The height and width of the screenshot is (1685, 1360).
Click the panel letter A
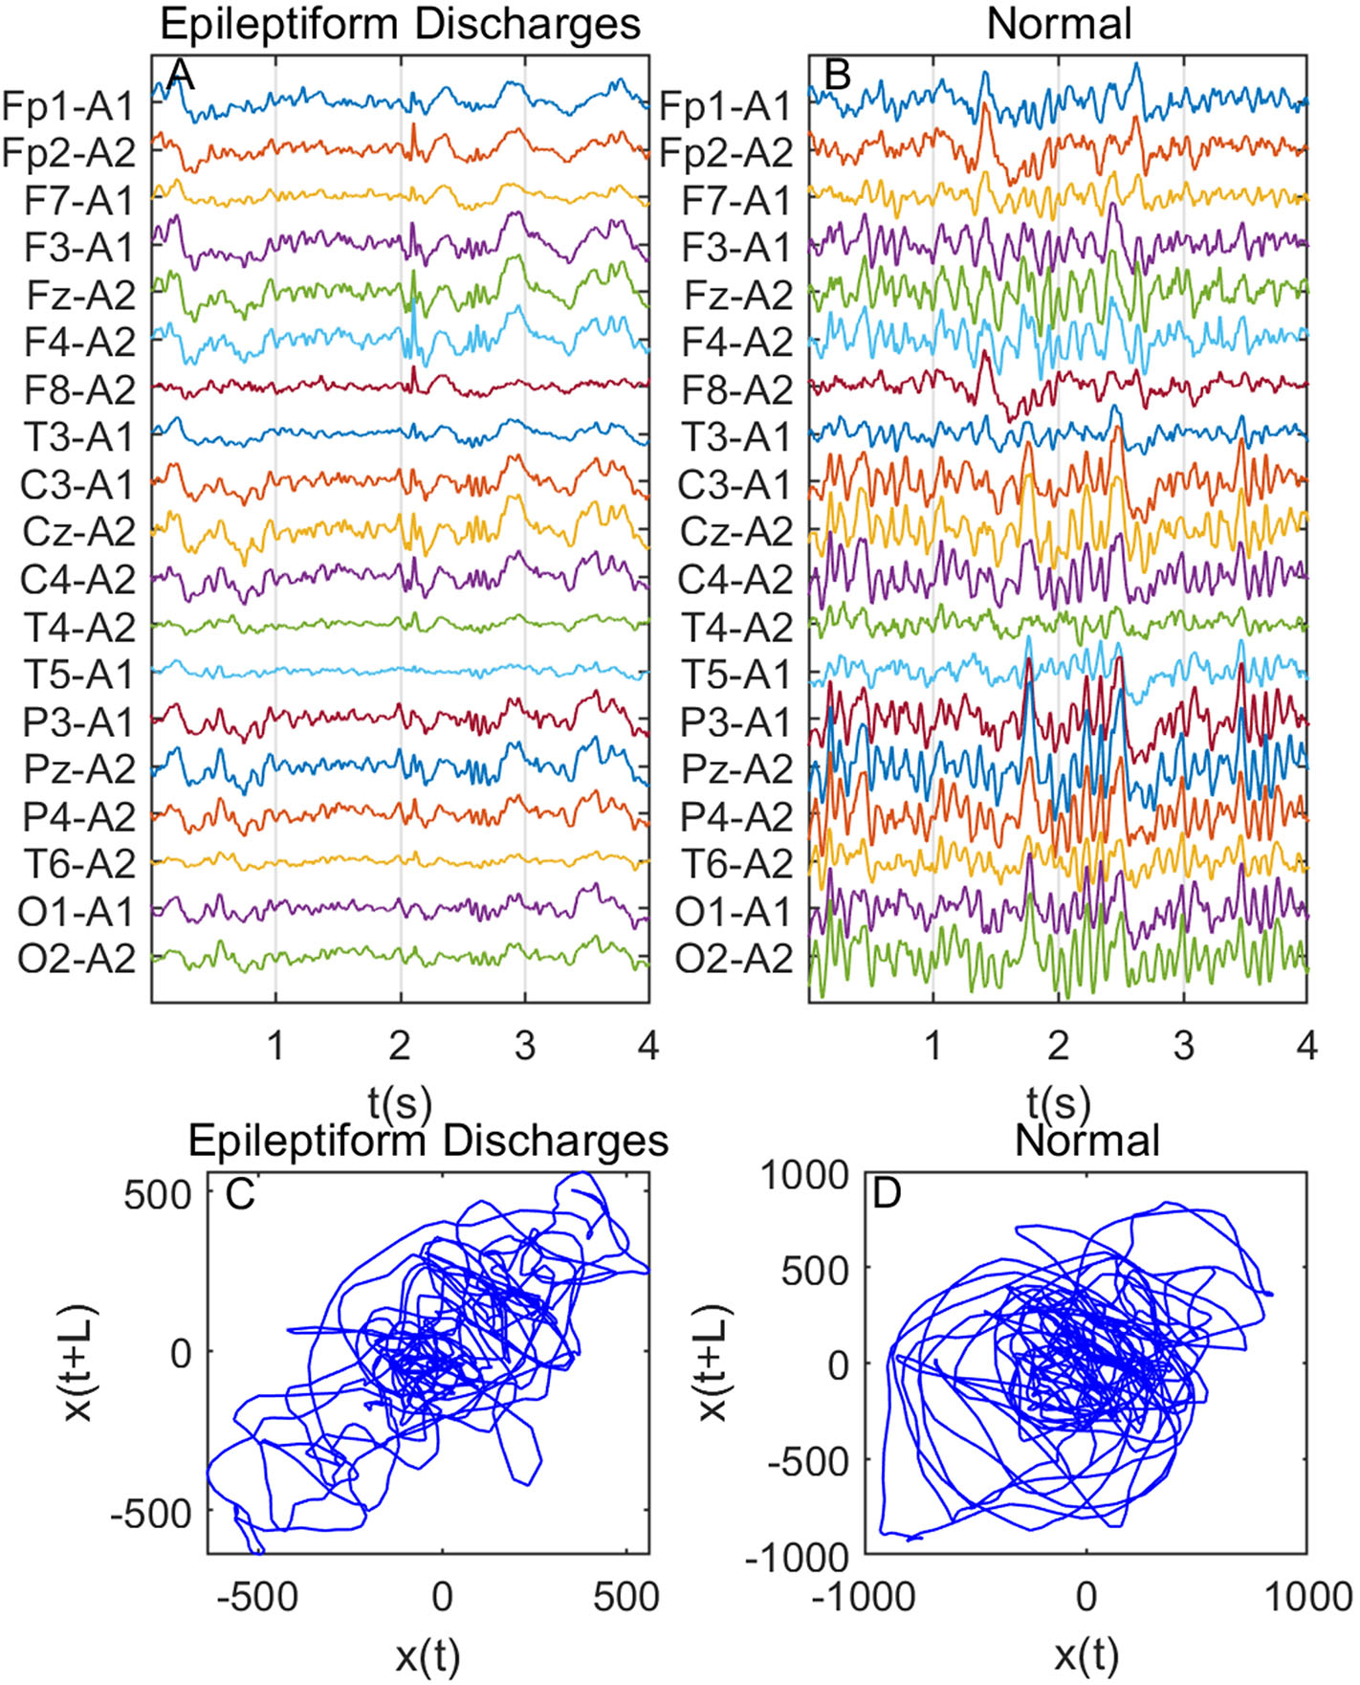pos(180,75)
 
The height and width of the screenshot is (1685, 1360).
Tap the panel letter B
pos(837,75)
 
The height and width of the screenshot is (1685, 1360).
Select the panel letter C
pos(239,1193)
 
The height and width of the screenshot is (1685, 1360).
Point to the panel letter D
pos(888,1193)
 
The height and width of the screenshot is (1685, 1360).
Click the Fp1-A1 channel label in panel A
pos(69,106)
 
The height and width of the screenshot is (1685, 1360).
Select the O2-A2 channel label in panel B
pos(734,959)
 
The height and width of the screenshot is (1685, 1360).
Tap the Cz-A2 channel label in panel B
pos(735,532)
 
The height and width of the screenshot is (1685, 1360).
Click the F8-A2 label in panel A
pos(79,390)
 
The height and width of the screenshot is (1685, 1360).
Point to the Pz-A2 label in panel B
pos(736,769)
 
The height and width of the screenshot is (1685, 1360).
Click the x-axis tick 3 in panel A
pos(524,1046)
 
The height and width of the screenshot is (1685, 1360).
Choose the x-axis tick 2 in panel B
pos(1058,1046)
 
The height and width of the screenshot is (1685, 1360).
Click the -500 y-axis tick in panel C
pos(151,1514)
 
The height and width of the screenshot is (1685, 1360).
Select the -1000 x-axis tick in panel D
pos(864,1596)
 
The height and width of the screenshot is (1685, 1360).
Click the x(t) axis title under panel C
pos(427,1654)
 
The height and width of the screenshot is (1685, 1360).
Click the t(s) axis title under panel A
pos(399,1102)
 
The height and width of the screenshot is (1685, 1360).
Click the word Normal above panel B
pos(1059,23)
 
